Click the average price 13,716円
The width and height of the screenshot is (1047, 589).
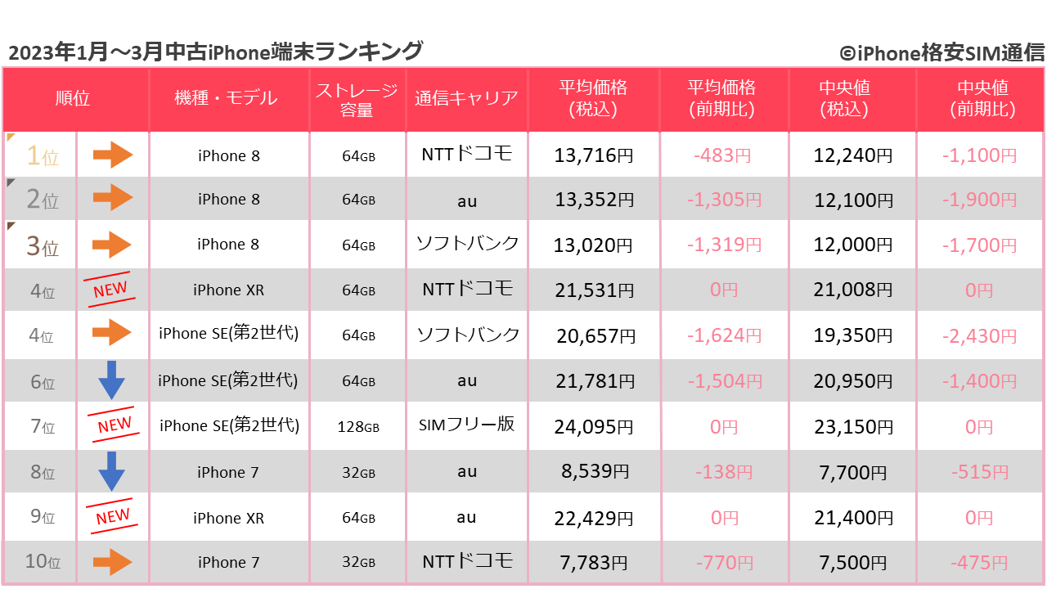point(593,155)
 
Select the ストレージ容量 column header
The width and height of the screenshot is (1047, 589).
point(357,99)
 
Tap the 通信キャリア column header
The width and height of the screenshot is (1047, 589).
point(466,98)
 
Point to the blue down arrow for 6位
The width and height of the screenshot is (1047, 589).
point(111,380)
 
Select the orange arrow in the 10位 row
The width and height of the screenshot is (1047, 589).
point(112,562)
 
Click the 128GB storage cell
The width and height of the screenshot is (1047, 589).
point(358,427)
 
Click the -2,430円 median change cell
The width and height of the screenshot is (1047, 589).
point(979,335)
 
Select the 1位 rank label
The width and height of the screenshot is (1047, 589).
point(43,155)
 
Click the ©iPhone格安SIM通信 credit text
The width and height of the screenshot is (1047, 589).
point(941,53)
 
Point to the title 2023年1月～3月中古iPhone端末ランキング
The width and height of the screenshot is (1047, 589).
point(216,52)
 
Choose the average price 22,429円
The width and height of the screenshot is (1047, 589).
point(593,518)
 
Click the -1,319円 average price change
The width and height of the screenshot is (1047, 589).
point(723,245)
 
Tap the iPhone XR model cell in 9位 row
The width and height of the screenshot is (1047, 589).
point(228,518)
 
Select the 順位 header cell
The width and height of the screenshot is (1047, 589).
point(73,98)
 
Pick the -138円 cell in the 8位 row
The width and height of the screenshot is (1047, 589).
point(723,472)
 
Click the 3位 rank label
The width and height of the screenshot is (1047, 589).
point(43,245)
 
